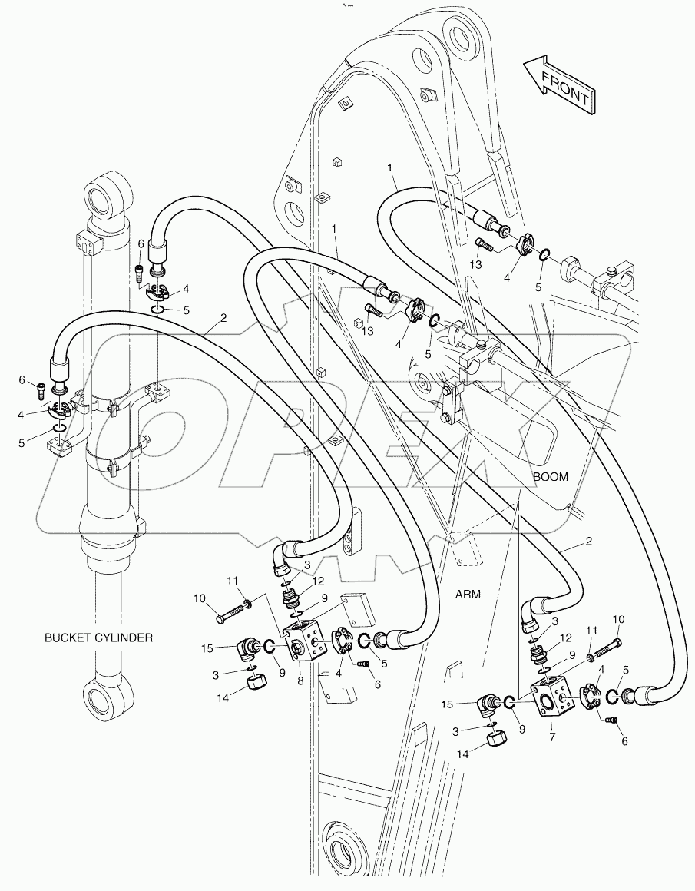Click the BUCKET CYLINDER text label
(x=98, y=638)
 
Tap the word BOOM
(x=551, y=477)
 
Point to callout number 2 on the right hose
(x=589, y=542)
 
